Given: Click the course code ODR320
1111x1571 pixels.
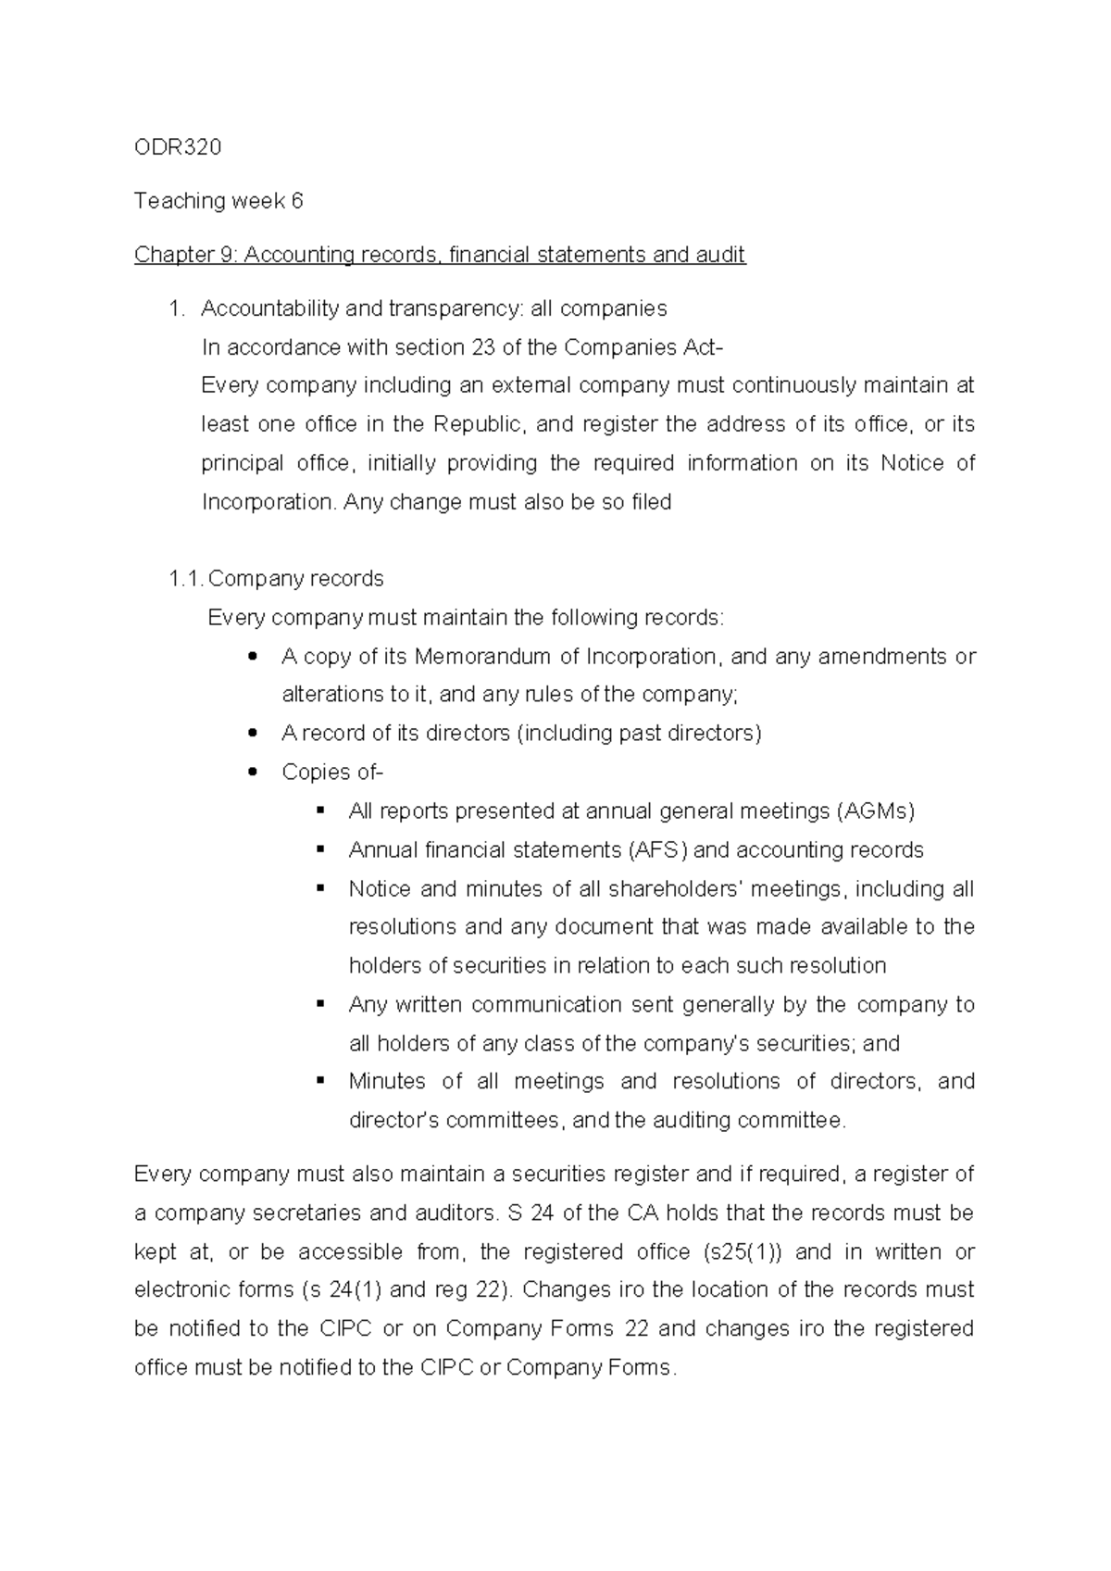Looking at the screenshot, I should click(178, 147).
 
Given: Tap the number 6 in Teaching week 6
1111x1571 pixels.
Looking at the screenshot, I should click(297, 201).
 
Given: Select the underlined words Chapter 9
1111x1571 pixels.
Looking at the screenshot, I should click(185, 255).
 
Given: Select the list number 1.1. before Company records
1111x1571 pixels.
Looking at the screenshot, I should click(186, 579).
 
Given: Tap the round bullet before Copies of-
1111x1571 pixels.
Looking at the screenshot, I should click(253, 773).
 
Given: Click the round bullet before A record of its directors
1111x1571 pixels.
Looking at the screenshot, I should click(253, 734).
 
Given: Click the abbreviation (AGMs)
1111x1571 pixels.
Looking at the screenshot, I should click(875, 811).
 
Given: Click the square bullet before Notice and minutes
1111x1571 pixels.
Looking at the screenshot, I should click(321, 888).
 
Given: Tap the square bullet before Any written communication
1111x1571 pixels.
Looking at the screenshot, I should click(321, 1004).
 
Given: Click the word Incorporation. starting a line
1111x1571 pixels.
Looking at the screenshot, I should click(268, 503).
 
